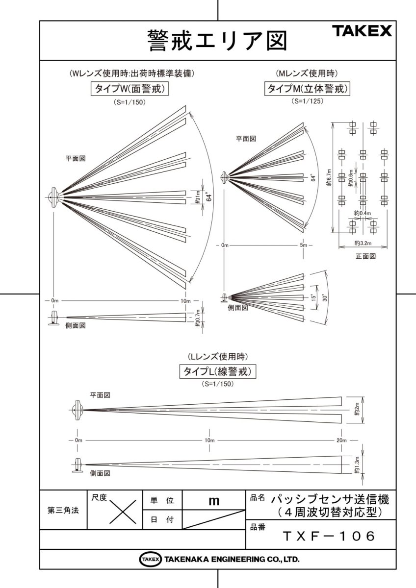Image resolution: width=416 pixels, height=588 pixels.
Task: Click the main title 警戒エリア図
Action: [217, 41]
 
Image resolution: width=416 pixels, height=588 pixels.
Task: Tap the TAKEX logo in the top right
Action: [363, 31]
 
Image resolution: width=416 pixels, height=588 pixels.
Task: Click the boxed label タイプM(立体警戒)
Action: [308, 89]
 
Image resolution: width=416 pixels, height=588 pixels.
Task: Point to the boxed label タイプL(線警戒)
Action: [217, 371]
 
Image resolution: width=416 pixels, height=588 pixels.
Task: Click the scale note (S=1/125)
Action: [307, 102]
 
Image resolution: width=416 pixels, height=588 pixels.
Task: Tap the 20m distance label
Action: [341, 441]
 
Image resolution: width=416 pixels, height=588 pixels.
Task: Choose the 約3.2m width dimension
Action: [364, 243]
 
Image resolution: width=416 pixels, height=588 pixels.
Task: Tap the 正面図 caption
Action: [365, 256]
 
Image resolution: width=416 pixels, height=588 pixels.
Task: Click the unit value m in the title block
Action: [213, 501]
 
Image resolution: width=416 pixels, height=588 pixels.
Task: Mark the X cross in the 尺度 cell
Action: [122, 513]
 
